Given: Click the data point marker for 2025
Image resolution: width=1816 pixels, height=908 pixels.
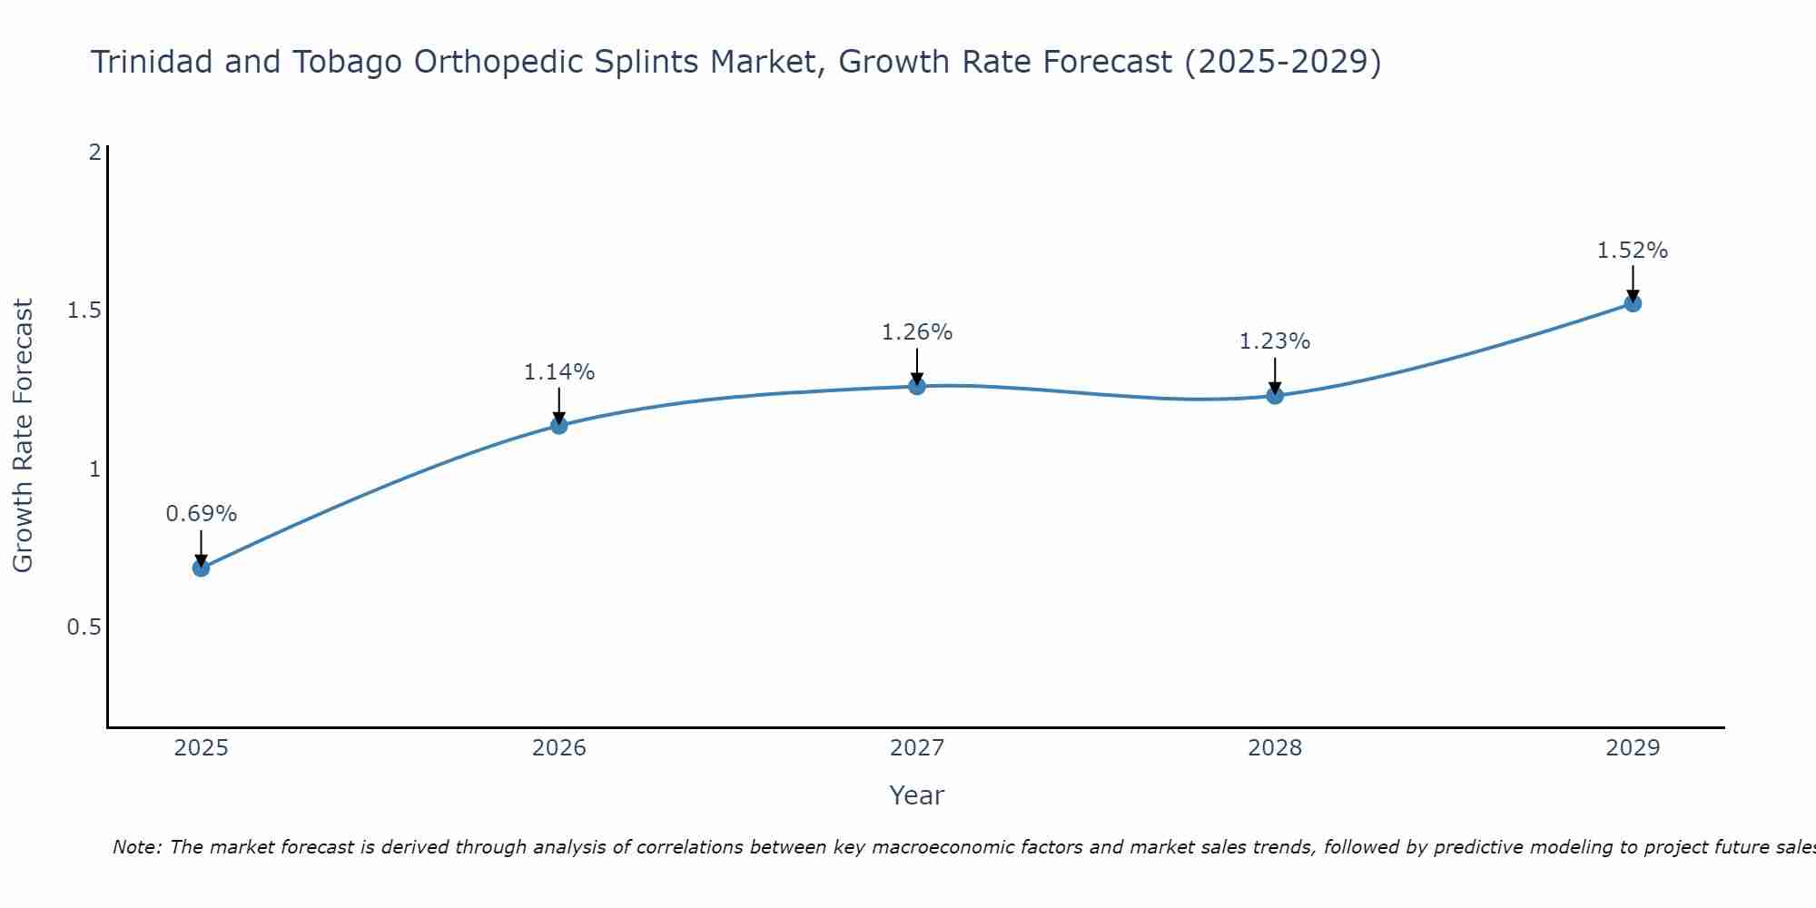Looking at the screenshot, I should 201,568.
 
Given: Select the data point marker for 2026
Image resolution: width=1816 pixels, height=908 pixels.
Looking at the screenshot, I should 559,425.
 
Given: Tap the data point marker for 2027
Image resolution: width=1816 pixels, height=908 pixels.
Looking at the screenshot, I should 917,386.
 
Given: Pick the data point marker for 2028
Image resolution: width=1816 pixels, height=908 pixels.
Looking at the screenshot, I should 1275,395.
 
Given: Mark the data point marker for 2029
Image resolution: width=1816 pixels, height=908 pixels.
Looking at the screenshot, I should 1633,303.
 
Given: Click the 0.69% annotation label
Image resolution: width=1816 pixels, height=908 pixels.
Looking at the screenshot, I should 201,514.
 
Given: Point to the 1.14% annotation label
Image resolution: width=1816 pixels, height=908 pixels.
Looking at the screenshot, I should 559,372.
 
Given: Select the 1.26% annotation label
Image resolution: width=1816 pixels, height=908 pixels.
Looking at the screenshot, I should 917,332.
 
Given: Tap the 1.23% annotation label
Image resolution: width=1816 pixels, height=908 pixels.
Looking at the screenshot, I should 1275,341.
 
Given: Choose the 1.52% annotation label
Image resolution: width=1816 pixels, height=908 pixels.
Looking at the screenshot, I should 1633,251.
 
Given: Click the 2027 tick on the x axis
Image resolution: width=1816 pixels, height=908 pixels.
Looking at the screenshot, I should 917,748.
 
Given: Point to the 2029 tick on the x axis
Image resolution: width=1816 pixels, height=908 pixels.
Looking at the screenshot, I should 1633,748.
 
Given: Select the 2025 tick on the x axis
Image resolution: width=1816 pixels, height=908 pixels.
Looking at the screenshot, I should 201,748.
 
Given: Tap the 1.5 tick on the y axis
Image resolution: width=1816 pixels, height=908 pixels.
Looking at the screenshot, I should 84,311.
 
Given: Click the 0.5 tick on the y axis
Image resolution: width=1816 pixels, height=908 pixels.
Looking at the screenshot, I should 84,627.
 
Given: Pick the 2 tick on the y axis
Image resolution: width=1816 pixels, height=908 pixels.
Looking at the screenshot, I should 94,153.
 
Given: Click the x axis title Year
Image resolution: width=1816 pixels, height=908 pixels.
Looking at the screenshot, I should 917,795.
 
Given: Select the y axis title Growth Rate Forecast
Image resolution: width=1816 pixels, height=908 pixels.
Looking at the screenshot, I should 23,436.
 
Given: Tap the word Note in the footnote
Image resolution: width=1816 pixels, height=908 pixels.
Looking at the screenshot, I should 136,847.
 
